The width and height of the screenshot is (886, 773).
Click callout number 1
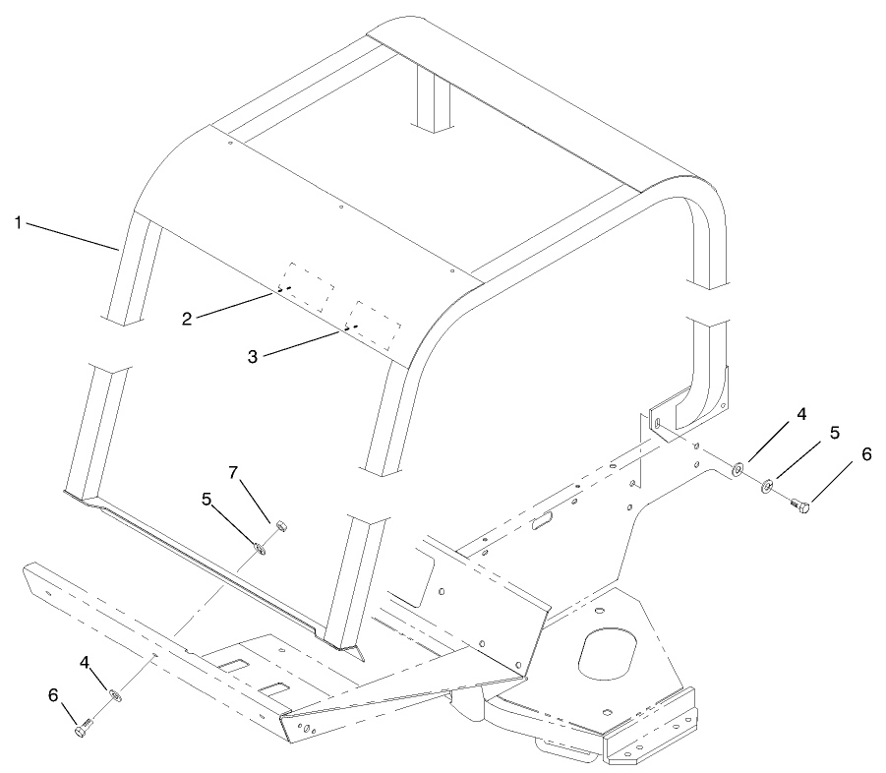(x=18, y=223)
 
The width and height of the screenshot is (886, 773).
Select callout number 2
(x=187, y=318)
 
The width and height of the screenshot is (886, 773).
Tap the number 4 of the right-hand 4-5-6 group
(x=801, y=414)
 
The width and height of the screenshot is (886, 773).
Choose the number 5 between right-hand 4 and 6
(x=834, y=433)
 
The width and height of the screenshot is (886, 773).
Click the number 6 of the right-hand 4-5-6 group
(x=865, y=455)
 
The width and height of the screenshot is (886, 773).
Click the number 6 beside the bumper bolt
(x=53, y=695)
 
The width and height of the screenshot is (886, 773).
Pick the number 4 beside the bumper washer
(x=87, y=665)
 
